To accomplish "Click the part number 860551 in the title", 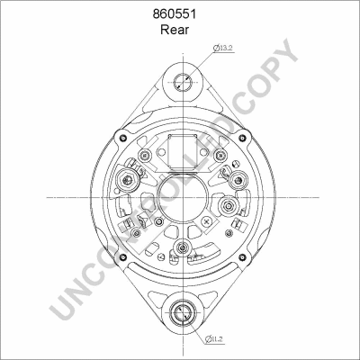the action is (x=175, y=14).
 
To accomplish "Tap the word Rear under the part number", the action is (x=175, y=30).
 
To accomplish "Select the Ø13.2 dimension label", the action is (x=223, y=48).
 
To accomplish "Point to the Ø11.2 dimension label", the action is (x=214, y=339).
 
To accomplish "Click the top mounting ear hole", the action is (x=183, y=82).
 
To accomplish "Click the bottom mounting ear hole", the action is (x=183, y=313).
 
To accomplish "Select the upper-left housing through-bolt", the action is (x=122, y=138).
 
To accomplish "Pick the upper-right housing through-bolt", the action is (x=242, y=138).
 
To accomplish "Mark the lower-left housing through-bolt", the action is (x=122, y=257).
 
